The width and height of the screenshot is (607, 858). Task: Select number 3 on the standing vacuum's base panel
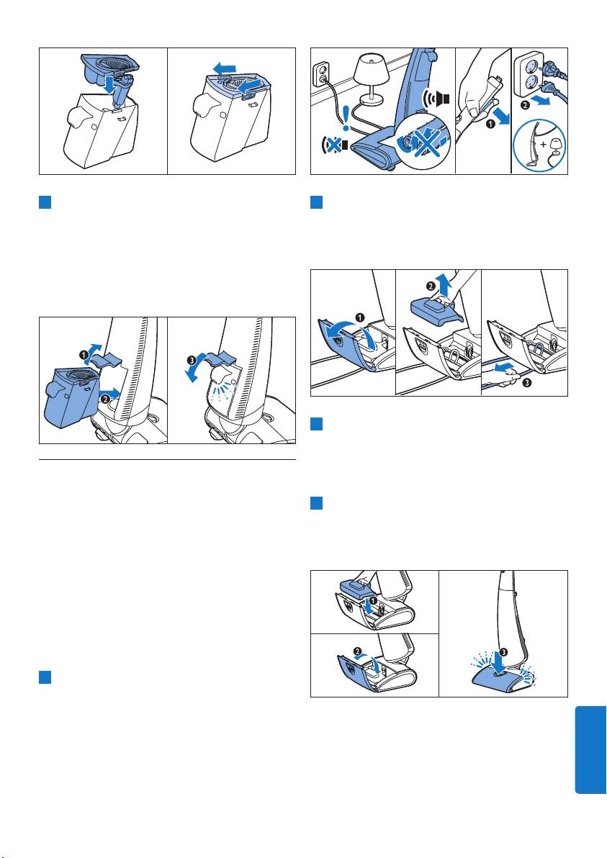pos(504,652)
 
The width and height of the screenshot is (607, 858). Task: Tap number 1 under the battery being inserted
pos(373,600)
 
